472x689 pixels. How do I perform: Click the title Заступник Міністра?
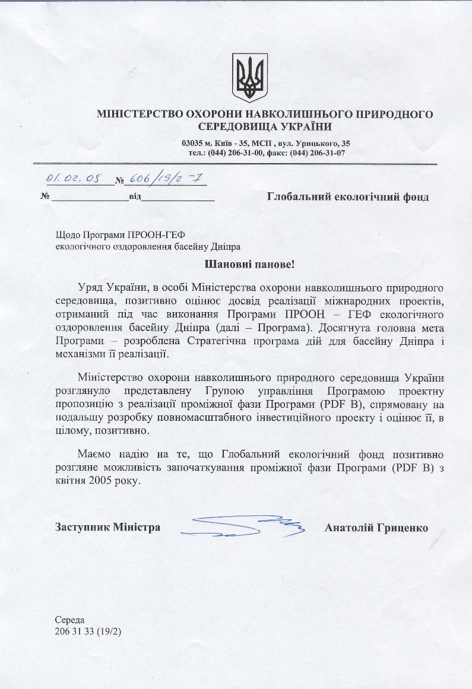(x=107, y=527)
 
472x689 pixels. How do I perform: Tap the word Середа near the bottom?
(x=70, y=620)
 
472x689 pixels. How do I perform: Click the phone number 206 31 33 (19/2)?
(x=88, y=631)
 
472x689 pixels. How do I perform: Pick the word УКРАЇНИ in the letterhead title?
(x=303, y=126)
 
